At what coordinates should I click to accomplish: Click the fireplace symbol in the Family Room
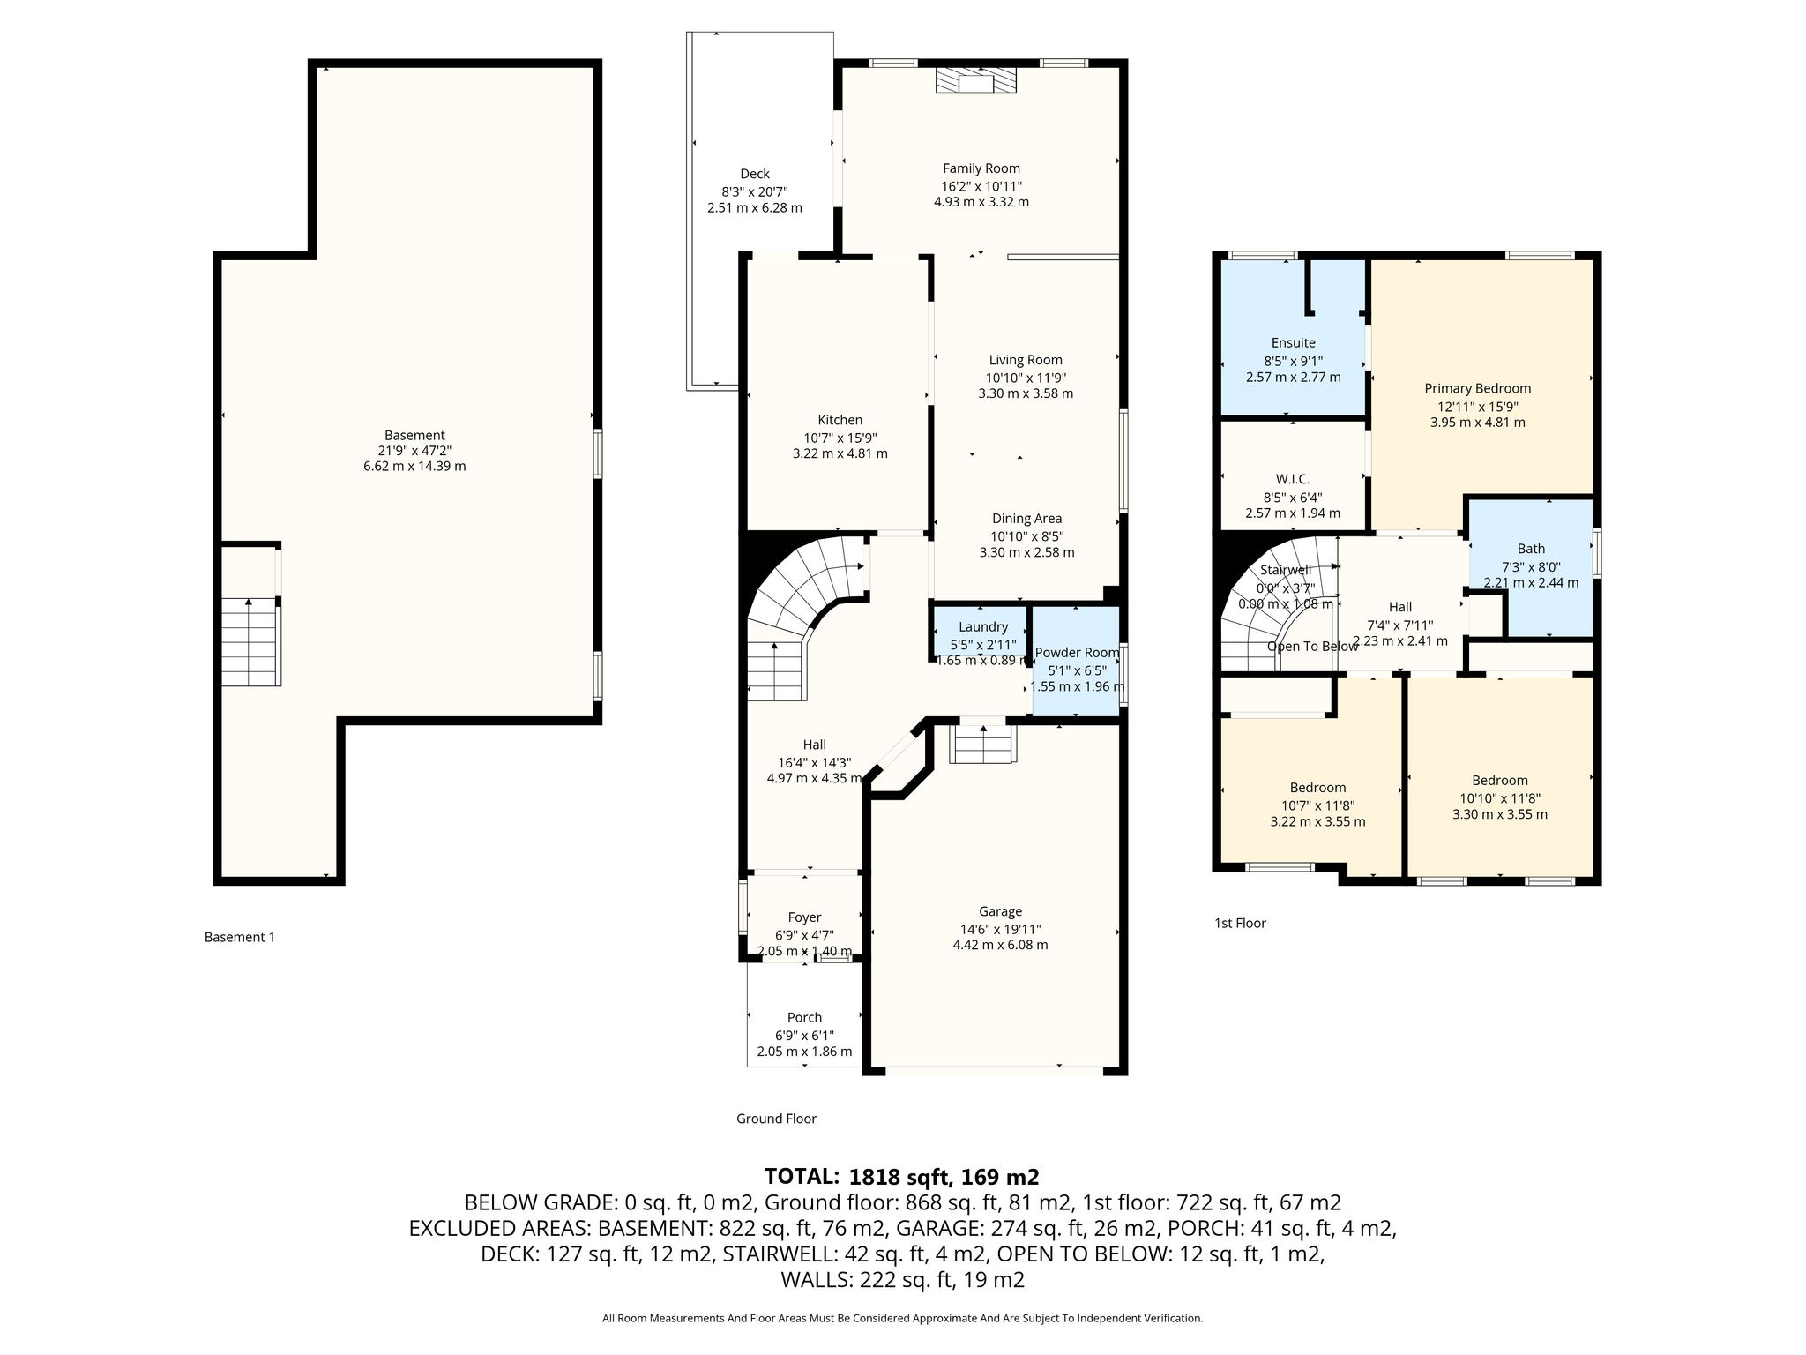coord(975,82)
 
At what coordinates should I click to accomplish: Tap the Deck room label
coord(755,174)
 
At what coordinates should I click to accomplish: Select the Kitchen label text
coord(840,420)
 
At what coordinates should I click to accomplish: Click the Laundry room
coord(982,632)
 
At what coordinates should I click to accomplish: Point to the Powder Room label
coord(1077,653)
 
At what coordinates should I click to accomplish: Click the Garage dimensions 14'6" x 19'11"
coord(1000,929)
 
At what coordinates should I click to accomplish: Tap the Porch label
coord(804,1017)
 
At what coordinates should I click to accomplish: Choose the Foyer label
coord(804,917)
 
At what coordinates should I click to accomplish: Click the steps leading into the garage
coord(982,745)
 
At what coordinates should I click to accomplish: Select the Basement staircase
coord(250,642)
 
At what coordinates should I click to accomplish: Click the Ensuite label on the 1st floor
coord(1294,342)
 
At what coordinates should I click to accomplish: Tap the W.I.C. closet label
coord(1293,479)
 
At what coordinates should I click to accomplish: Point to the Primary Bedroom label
coord(1478,388)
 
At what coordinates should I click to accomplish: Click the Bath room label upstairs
coord(1531,549)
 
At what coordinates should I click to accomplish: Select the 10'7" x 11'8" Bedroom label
coord(1318,788)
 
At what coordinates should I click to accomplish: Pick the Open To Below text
coord(1312,646)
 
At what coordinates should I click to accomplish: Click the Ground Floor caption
coord(776,1119)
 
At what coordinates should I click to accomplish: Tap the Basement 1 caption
coord(240,937)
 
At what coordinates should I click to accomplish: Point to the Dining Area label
coord(1026,519)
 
